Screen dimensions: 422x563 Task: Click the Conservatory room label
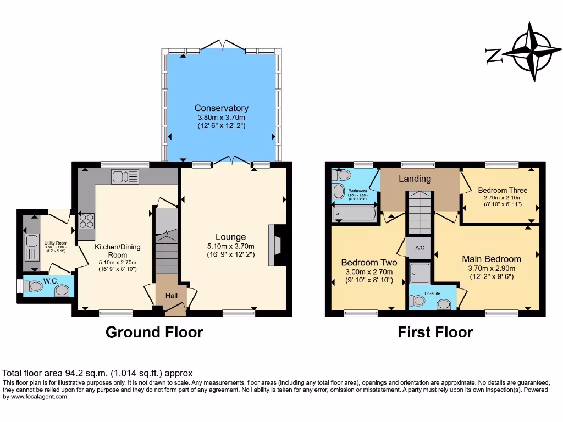tap(220, 108)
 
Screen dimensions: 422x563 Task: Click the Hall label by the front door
tap(172, 296)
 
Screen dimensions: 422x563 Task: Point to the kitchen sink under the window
tap(125, 176)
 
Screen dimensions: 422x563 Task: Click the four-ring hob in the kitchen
tap(86, 220)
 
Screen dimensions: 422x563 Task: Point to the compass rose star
tap(531, 53)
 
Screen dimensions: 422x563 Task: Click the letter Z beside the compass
tap(493, 55)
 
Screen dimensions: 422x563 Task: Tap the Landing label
tap(415, 179)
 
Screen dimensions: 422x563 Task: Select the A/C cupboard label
tap(419, 248)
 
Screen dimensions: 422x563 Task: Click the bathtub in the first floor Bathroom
tap(355, 213)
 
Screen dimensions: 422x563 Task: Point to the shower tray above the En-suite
tap(421, 271)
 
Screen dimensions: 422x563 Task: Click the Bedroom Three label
tap(502, 190)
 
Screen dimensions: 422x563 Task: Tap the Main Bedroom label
tap(491, 259)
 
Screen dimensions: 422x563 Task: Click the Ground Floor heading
tap(154, 332)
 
